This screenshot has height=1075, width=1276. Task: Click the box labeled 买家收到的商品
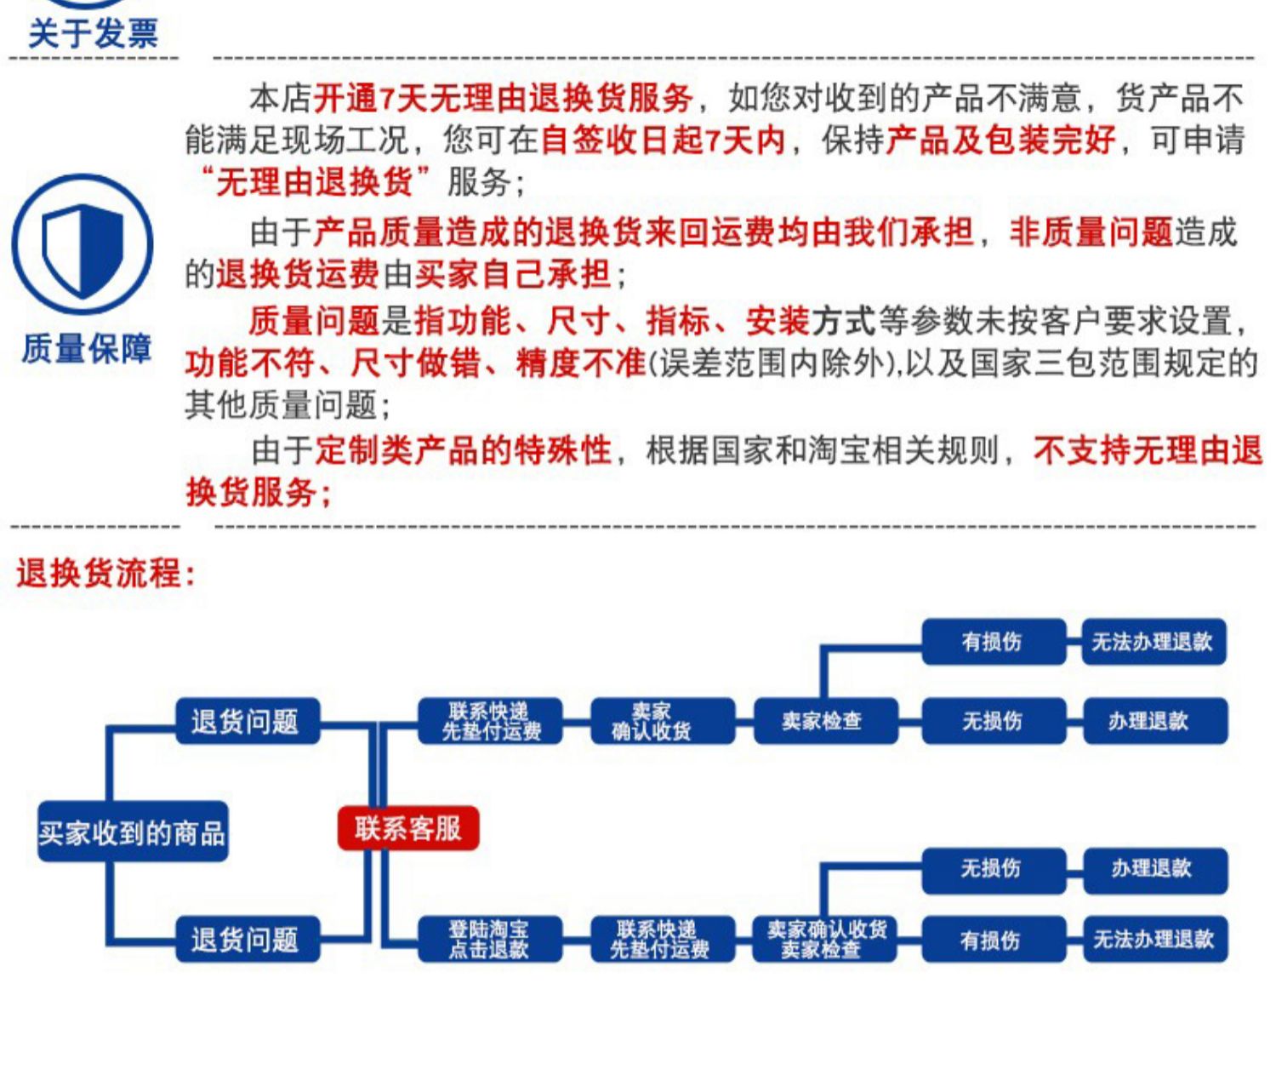[x=133, y=832]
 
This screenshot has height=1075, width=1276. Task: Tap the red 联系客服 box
[x=408, y=828]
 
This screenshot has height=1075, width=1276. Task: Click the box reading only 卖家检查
[x=826, y=721]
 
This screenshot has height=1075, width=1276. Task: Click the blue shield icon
[x=83, y=244]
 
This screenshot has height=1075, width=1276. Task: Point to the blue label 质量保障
[x=86, y=349]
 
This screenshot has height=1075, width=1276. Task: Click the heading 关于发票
[x=93, y=33]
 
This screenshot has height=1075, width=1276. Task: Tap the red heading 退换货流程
[x=105, y=574]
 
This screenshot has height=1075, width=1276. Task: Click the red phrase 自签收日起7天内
[x=663, y=140]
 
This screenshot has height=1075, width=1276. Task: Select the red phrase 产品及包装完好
[x=1000, y=140]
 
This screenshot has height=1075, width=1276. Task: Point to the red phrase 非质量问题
[x=1091, y=233]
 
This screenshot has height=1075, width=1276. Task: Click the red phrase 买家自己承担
[x=513, y=275]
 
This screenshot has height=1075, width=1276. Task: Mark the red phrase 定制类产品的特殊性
[x=464, y=451]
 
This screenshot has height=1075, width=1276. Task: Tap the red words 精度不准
[x=580, y=363]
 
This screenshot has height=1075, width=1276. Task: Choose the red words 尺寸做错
[x=416, y=363]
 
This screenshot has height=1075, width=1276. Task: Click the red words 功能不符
[x=250, y=363]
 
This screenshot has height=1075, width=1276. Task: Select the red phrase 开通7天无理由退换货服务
[x=504, y=99]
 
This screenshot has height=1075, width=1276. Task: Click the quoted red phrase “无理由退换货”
[x=316, y=182]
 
